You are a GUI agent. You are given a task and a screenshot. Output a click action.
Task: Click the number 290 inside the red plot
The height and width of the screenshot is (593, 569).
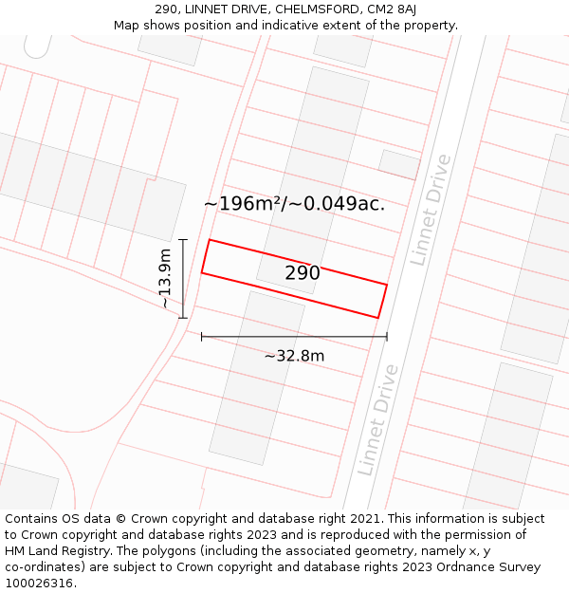303,273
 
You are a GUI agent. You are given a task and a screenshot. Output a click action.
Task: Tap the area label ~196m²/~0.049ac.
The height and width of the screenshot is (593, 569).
294,203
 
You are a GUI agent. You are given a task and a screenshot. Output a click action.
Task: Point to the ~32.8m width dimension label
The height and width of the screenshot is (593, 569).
294,356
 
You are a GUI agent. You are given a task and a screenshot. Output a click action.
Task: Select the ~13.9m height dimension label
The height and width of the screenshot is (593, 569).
165,279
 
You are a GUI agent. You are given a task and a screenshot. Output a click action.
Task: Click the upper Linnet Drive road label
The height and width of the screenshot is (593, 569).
431,210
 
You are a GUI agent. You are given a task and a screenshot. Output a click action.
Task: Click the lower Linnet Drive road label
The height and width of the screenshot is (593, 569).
377,419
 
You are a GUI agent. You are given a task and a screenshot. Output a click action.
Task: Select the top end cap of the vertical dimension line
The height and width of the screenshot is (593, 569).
183,239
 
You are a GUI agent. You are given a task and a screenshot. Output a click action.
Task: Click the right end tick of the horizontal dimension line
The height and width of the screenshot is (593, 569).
387,336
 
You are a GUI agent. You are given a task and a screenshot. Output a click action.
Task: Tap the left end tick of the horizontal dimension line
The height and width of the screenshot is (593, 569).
201,336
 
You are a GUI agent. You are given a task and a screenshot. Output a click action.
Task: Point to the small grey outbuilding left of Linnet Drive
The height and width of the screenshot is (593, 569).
399,164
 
